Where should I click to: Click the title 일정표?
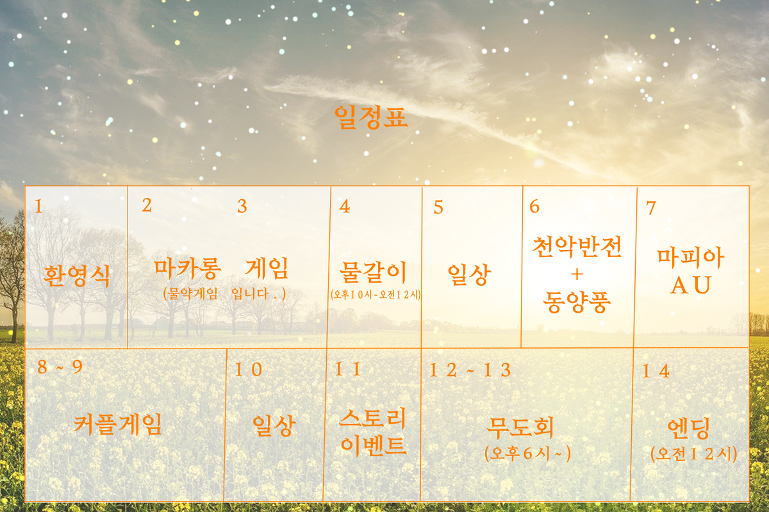point(371,118)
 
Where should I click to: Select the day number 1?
point(38,206)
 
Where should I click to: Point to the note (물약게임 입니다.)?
point(224,293)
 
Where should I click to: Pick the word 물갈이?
point(376,272)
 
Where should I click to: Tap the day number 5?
point(438,207)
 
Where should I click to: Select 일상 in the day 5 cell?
point(469,275)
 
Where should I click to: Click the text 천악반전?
point(577,247)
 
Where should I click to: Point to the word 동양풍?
point(576,300)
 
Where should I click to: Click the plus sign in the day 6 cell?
point(576,274)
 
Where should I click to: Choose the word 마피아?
point(691,258)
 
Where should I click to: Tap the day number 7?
point(651,208)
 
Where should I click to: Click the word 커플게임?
point(118,424)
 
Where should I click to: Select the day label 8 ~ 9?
point(60,367)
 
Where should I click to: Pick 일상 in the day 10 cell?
point(274,425)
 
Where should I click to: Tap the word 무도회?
point(520,426)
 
